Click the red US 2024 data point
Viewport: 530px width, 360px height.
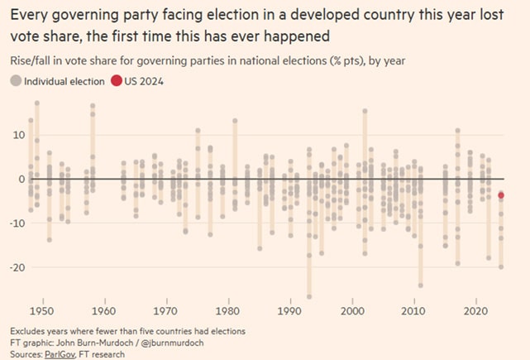[501, 195]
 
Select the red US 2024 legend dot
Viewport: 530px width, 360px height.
[116, 80]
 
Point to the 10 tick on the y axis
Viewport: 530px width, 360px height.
[16, 135]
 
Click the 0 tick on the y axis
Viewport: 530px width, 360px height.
[20, 179]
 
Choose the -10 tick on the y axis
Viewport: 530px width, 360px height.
[14, 223]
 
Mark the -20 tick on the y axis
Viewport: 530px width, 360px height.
[14, 267]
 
